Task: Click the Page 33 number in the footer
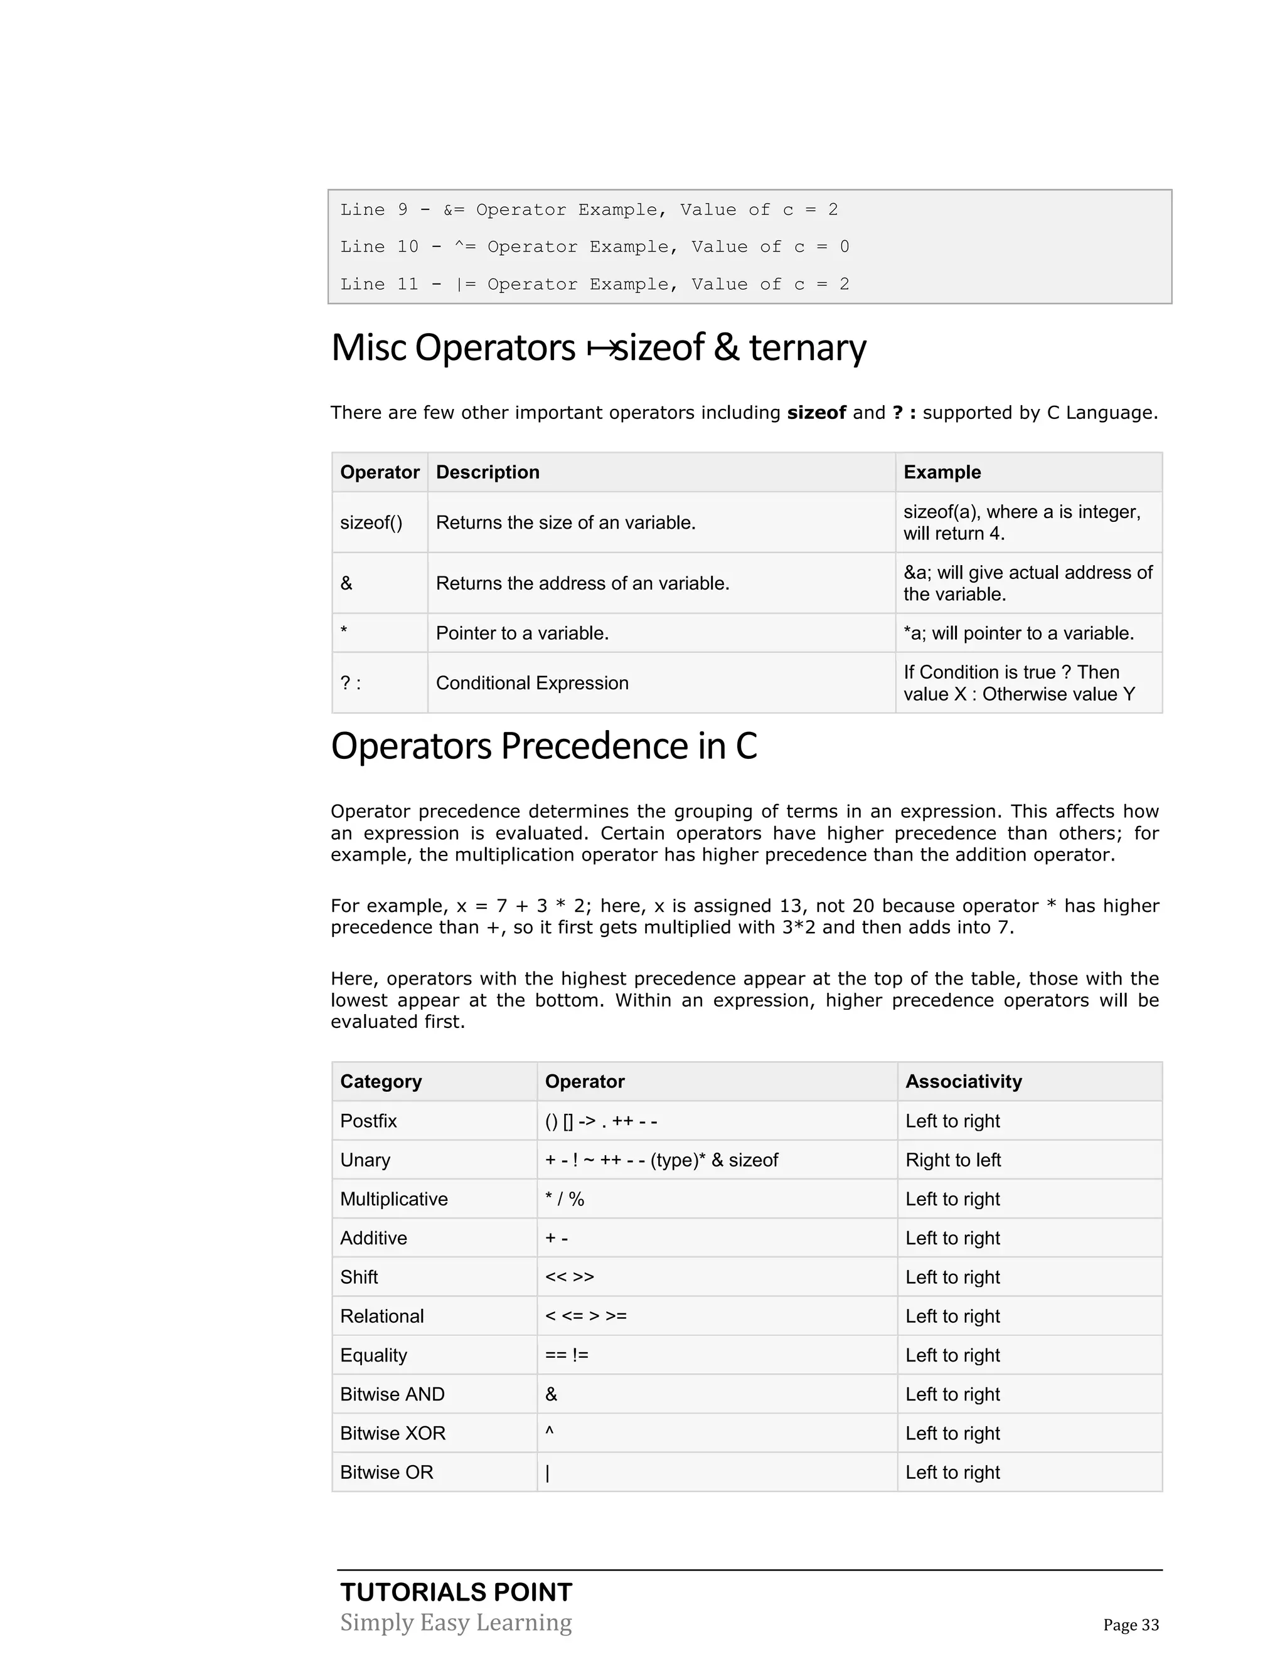pos(1131,1625)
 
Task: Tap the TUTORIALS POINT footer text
pos(456,1592)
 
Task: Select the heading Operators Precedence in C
pos(543,746)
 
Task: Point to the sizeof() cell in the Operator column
pos(371,523)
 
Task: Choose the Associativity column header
pos(963,1081)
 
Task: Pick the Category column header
pos(381,1081)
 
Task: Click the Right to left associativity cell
pos(953,1160)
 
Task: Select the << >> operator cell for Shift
pos(570,1277)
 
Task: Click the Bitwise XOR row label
pos(392,1433)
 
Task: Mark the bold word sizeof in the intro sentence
pos(816,413)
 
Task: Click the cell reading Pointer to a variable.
pos(522,633)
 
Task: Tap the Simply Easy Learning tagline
pos(456,1622)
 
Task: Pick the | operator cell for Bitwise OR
pos(547,1473)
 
